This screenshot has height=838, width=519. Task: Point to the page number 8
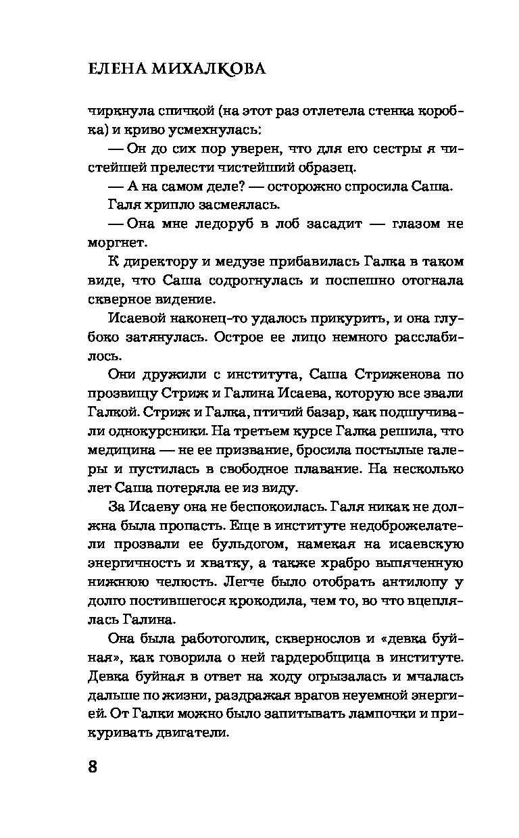click(x=93, y=767)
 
